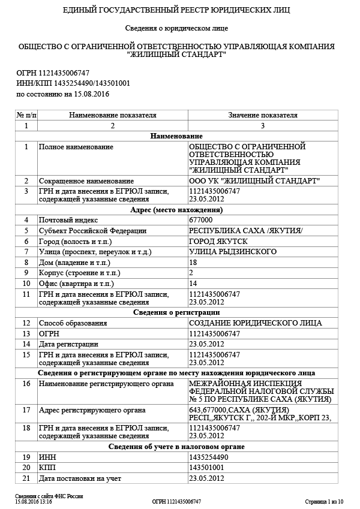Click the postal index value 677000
200,221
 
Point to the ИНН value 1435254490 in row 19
208,457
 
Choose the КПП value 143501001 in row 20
206,468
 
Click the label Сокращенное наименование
86,180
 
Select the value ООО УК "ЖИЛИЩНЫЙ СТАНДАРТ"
254,180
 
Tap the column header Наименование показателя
112,115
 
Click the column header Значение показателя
262,115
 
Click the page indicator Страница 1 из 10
324,501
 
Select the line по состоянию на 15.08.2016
63,94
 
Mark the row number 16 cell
26,382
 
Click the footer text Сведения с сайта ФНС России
49,496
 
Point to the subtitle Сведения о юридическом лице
176,28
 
